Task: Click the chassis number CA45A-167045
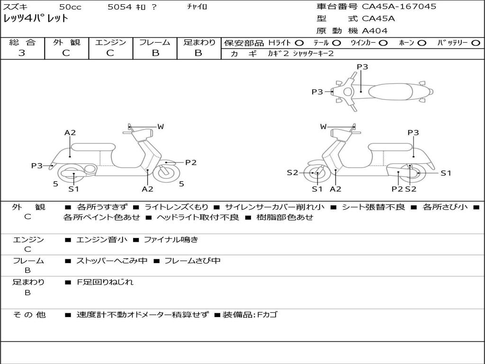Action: [x=399, y=7]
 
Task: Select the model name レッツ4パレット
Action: [x=36, y=19]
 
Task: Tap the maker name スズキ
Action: [x=14, y=7]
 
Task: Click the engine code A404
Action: [x=375, y=31]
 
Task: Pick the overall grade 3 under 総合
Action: [x=22, y=53]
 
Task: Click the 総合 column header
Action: [x=22, y=43]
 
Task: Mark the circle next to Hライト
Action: [x=299, y=43]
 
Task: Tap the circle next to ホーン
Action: [x=422, y=43]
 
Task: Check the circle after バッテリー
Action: [x=476, y=43]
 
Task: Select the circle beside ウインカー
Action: [x=383, y=43]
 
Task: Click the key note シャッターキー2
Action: [x=313, y=54]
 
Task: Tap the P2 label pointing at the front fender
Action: [x=190, y=163]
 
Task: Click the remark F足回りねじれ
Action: [x=105, y=282]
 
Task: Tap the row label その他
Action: [x=28, y=314]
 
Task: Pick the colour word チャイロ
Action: [x=197, y=7]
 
